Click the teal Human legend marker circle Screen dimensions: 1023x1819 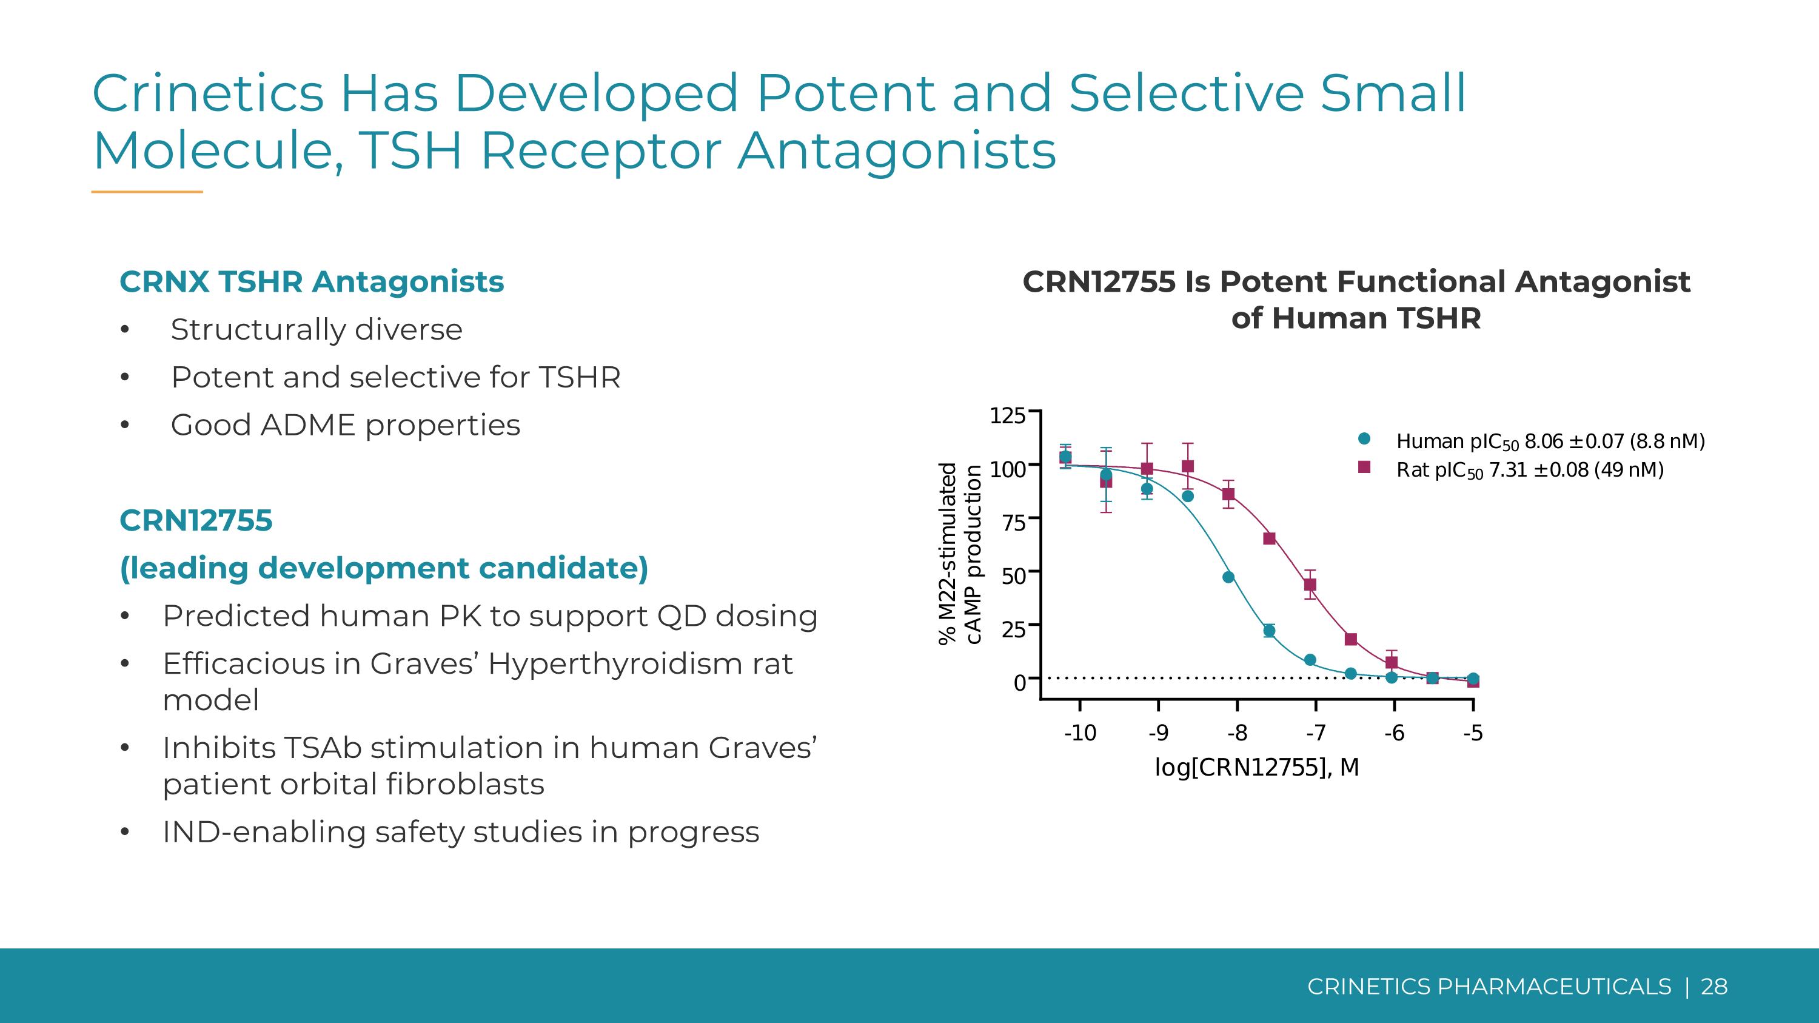1364,438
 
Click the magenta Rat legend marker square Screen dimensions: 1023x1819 1364,468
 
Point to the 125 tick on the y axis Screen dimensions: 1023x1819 1007,416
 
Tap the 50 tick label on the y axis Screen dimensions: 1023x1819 1013,576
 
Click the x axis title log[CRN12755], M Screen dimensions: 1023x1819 1257,768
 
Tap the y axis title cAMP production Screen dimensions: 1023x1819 974,555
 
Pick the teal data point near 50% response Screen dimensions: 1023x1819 1228,577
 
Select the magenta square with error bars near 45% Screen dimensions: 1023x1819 1310,585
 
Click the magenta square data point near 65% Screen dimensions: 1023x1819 1269,538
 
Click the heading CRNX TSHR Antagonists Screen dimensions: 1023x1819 312,282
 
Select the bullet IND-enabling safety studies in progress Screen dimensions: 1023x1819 460,831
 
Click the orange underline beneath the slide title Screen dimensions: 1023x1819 147,192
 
